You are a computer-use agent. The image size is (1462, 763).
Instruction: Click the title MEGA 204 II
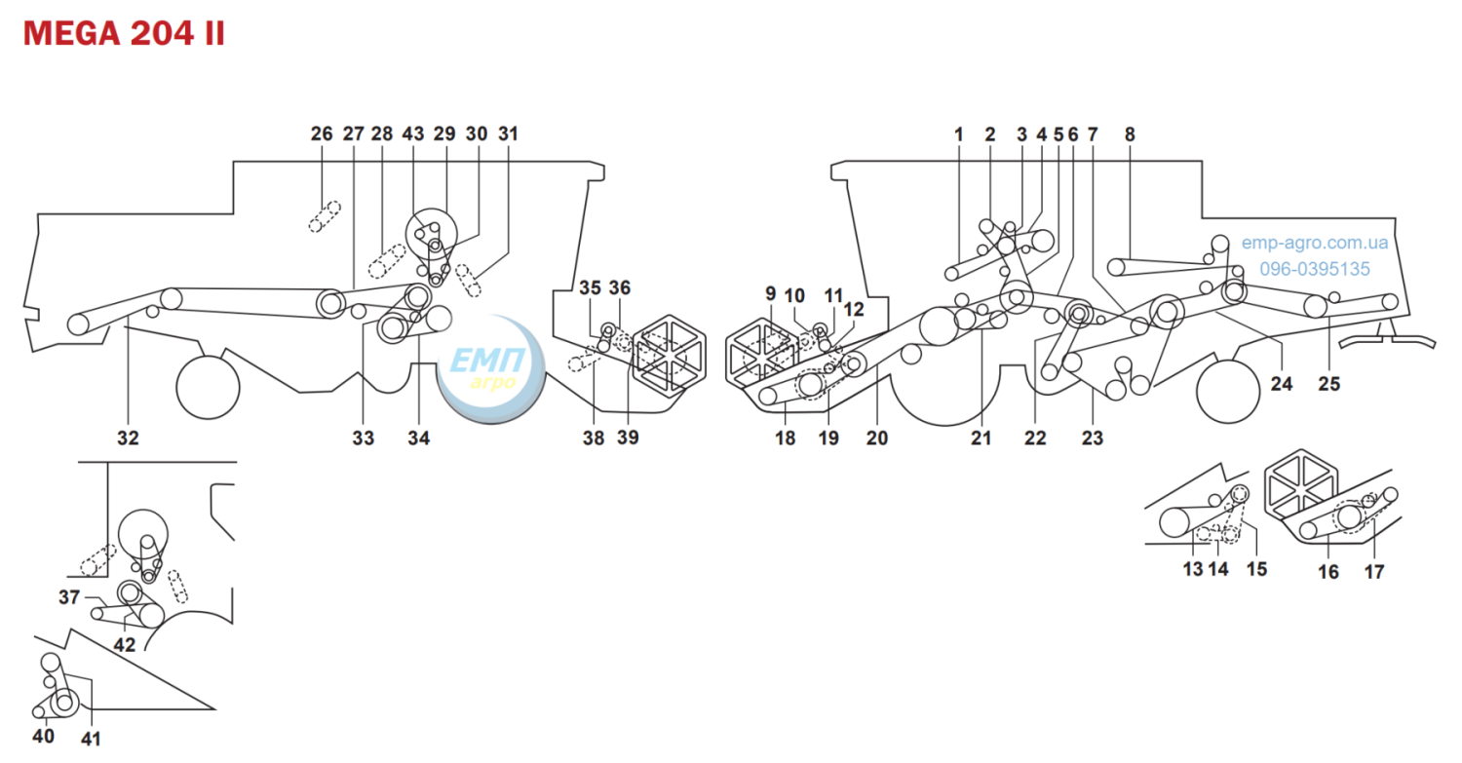coord(124,33)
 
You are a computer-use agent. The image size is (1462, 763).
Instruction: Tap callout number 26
coord(322,134)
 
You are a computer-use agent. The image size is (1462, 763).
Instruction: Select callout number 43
coord(413,134)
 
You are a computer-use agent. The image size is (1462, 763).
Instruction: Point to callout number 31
coord(509,134)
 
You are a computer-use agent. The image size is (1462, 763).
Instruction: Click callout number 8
coord(1130,134)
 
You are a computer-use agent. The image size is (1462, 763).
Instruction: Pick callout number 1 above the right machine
coord(959,134)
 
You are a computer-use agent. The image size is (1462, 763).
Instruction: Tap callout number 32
coord(128,438)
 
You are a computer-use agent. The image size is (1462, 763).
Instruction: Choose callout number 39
coord(628,438)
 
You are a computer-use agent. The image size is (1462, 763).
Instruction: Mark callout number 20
coord(877,438)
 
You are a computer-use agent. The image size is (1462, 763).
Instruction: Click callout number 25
coord(1328,384)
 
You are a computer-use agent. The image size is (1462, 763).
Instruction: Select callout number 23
coord(1093,438)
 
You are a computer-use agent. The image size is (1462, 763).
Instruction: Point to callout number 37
coord(69,597)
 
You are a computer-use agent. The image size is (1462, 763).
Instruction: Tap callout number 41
coord(91,739)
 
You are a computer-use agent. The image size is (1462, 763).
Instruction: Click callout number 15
coord(1256,569)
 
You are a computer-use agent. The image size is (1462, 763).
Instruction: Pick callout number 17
coord(1374,572)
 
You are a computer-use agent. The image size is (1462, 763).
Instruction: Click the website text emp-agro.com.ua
coord(1315,243)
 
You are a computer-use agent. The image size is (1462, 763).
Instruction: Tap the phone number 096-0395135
coord(1315,269)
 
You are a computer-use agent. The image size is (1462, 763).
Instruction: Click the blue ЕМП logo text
coord(487,360)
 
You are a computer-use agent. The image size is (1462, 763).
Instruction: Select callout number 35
coord(590,287)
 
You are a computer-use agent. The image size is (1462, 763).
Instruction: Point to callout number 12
coord(854,309)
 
